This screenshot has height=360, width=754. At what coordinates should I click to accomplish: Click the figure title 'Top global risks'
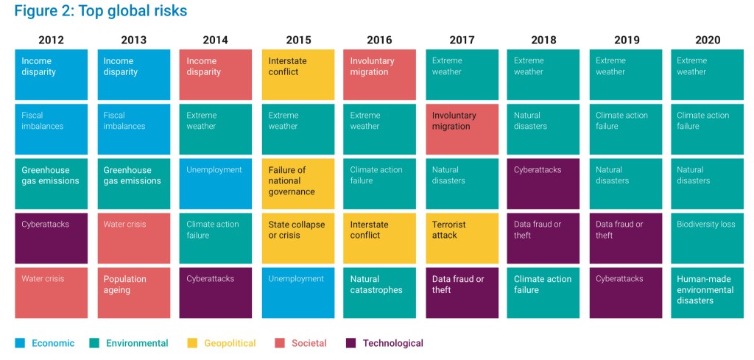coord(100,11)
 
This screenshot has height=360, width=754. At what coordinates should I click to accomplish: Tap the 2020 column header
coord(706,40)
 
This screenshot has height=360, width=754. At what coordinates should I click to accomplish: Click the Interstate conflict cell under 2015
coord(297,74)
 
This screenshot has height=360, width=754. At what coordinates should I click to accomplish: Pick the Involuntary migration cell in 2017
coord(462,129)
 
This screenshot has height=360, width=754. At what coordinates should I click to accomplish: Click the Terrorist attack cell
coord(462,238)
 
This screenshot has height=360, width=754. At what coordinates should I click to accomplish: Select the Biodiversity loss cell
coord(707,238)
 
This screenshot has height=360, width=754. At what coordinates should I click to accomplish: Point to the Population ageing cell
coord(133,292)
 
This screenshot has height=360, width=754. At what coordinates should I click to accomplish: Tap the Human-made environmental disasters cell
coord(707,292)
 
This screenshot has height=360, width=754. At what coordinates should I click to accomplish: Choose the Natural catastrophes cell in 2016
coord(380,292)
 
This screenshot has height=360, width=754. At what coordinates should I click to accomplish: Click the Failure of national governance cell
coord(297,183)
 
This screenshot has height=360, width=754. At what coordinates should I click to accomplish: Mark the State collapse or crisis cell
coord(297,238)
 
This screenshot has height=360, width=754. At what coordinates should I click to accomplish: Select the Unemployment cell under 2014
coord(216,183)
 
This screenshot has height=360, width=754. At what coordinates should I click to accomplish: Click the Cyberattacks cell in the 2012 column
coord(52,238)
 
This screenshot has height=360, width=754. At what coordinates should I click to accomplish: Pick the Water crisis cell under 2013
coord(133,238)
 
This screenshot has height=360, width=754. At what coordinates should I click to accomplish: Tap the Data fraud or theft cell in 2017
coord(462,292)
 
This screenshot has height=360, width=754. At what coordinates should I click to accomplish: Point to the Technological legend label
coord(392,343)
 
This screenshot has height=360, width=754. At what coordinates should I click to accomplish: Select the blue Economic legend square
coord(20,343)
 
